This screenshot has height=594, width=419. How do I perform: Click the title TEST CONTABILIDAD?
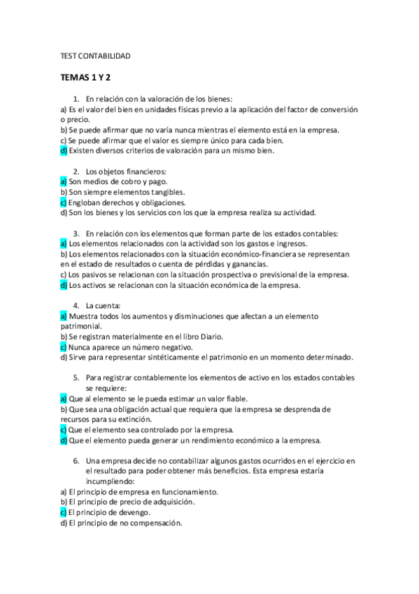(93, 55)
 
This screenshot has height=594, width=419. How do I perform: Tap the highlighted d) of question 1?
(63, 150)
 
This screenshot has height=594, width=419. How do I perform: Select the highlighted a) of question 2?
(63, 181)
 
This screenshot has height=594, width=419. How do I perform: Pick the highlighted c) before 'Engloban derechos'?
(63, 202)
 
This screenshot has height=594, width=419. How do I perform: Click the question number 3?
(76, 233)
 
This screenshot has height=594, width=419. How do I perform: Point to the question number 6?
(76, 461)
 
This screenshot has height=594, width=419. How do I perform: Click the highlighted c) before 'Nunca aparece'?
(63, 347)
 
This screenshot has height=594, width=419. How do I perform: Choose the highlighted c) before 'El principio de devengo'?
(63, 512)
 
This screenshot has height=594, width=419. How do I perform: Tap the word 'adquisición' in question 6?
(173, 502)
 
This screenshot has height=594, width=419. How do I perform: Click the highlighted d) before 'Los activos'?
(63, 285)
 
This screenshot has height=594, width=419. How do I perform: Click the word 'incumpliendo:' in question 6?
(110, 481)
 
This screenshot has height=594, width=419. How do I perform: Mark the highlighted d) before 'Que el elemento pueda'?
(63, 440)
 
